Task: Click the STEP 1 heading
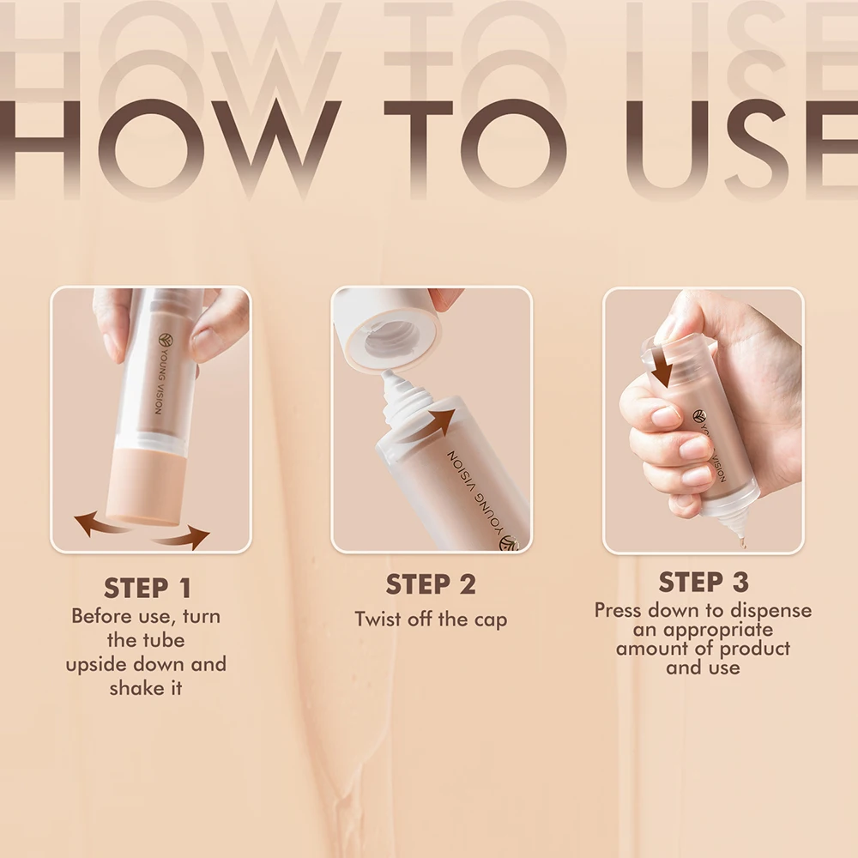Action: coord(148,589)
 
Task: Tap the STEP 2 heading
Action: coord(431,585)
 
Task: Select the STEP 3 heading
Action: coord(704,583)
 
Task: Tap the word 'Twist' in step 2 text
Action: coord(379,619)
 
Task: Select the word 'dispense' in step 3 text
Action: coord(769,611)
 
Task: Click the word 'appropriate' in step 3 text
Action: coord(718,630)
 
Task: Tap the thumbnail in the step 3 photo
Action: coord(666,418)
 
